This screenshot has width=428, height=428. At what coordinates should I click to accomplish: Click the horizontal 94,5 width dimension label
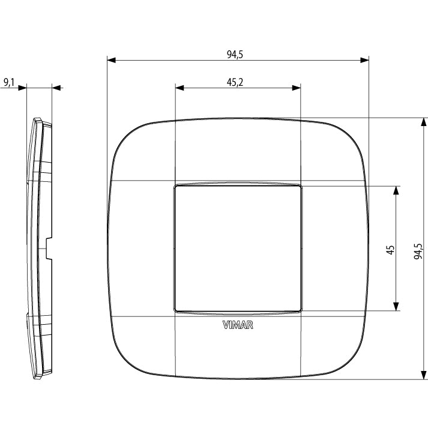coord(235,55)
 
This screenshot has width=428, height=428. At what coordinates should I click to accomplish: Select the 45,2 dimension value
coord(235,82)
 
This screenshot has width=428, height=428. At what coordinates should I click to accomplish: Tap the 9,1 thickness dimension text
coord(9,82)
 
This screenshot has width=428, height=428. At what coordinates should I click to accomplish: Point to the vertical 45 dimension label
coord(390,250)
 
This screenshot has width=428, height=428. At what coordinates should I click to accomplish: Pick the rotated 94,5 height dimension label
coord(418,251)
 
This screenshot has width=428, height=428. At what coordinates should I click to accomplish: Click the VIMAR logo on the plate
coord(238,325)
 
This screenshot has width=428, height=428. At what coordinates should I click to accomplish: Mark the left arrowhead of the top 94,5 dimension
coord(111,60)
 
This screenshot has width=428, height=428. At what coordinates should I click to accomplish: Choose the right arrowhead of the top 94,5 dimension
coord(365,60)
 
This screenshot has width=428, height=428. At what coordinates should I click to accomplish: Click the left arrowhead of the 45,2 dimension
coord(179,88)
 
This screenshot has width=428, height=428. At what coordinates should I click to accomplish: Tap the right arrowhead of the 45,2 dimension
coord(297,88)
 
